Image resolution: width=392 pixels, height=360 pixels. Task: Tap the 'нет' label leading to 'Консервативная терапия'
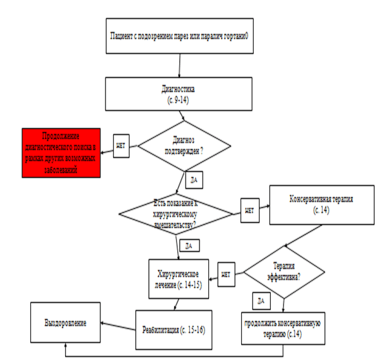(x=249, y=209)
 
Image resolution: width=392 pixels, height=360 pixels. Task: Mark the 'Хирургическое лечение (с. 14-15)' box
(x=178, y=277)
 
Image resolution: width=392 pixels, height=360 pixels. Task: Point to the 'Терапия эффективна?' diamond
(x=285, y=272)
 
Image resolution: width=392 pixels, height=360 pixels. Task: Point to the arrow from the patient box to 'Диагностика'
(x=181, y=65)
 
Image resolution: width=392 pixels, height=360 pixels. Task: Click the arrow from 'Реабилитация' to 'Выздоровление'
(x=120, y=325)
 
